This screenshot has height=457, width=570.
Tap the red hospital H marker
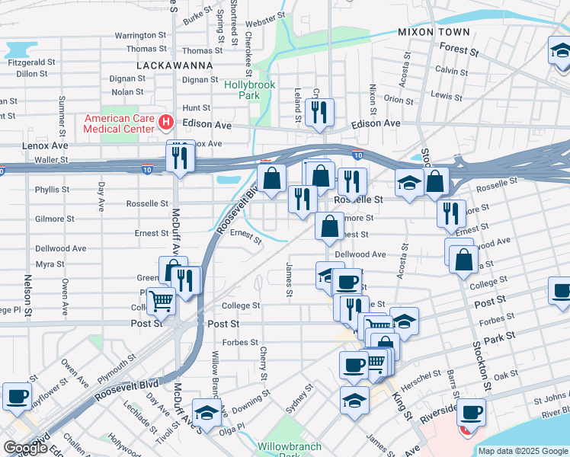[x=165, y=122]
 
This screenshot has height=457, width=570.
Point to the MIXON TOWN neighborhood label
[x=434, y=32]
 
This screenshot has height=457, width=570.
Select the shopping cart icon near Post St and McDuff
[x=162, y=301]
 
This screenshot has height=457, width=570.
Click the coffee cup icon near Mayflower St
[x=17, y=395]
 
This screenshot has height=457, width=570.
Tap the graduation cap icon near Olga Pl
[x=206, y=412]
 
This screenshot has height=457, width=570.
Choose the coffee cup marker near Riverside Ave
[x=472, y=412]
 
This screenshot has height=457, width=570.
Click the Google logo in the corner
[x=25, y=447]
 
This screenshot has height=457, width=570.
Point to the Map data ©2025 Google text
[x=523, y=451]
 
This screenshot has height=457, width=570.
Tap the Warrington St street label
[x=140, y=36]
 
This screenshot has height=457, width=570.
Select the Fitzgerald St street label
[x=30, y=62]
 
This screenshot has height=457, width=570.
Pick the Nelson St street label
[x=27, y=296]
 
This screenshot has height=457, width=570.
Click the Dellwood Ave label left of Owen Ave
[x=60, y=249]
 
